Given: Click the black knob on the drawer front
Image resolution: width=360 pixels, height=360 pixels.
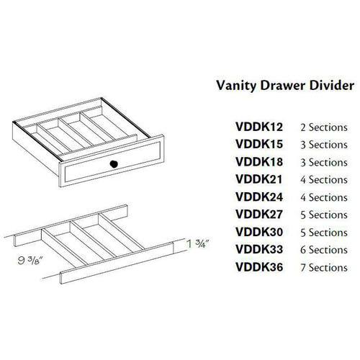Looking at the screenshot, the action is (114, 164).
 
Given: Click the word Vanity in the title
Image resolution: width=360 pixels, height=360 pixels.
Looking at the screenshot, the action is (236, 86).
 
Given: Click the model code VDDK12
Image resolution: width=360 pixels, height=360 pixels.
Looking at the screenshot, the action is (259, 127).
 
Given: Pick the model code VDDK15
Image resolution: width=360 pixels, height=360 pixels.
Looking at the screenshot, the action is (259, 144).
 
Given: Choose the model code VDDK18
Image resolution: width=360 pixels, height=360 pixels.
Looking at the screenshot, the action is (259, 162).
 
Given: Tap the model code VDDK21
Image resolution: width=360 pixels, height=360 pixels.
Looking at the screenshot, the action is (259, 179).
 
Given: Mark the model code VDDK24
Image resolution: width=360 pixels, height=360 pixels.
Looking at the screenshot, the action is (259, 197).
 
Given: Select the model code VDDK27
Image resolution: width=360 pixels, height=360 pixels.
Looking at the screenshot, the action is (259, 215).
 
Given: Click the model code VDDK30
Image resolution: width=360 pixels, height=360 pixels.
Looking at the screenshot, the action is (259, 232).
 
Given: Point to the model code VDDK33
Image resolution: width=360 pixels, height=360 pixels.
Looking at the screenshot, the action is (259, 249).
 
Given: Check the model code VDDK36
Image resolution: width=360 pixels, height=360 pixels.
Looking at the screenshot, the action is (259, 267).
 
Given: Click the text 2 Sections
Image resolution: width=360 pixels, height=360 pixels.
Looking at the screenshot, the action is (324, 127).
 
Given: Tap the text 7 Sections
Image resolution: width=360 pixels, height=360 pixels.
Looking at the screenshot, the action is (324, 268).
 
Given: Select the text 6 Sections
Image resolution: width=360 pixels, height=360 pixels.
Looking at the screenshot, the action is (324, 250).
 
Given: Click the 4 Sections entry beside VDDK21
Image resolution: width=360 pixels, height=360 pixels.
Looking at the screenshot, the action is (324, 180).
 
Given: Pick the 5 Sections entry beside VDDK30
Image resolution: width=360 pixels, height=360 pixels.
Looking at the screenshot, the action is (324, 233).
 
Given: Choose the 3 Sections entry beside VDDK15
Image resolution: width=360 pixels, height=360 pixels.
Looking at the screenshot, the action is (324, 145).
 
